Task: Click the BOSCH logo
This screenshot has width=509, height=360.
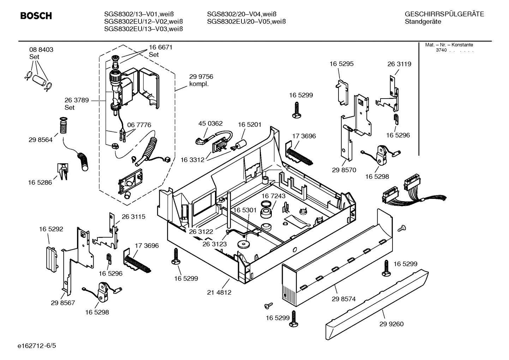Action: coord(36,16)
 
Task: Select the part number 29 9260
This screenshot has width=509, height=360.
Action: coord(391,324)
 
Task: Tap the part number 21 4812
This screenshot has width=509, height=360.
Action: coord(219,293)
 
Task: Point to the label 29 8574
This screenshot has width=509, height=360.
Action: coord(343,299)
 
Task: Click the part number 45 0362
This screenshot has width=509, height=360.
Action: coord(210,123)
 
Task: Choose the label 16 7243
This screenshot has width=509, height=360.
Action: coord(273,196)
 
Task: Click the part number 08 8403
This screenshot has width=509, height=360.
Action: coord(41,50)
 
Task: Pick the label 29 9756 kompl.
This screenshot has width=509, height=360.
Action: coord(201,80)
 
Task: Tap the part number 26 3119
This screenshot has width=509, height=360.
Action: coord(399,64)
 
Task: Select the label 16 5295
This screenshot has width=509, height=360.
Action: coord(341,64)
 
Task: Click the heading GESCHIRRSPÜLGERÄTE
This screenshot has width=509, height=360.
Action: coord(444,14)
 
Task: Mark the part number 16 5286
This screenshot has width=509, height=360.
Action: coord(40,183)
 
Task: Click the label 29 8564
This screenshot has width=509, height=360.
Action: coord(41,140)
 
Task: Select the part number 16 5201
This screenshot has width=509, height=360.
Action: coord(250,124)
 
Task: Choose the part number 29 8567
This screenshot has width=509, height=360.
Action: coord(63,303)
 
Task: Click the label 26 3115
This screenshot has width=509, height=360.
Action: coord(133,217)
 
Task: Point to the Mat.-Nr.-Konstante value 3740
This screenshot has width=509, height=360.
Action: coord(441,50)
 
